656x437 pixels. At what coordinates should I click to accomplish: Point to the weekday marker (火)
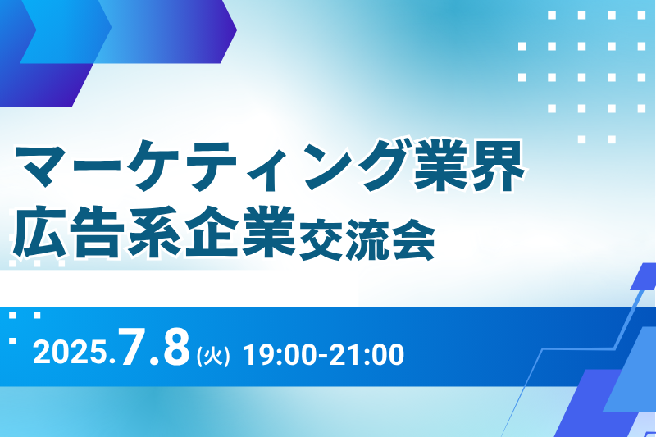click(x=213, y=357)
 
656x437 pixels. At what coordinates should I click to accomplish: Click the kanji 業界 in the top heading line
click(x=469, y=165)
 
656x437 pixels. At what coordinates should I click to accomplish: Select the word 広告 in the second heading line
click(x=69, y=231)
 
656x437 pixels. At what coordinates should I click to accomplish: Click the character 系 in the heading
click(x=154, y=231)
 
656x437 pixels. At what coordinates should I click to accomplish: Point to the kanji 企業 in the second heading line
click(x=240, y=231)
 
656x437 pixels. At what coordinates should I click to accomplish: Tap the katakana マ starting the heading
click(x=41, y=166)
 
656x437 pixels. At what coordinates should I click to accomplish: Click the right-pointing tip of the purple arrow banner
click(x=237, y=30)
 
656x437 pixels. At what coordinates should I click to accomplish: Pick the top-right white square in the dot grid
click(x=641, y=16)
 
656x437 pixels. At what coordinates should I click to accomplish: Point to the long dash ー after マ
click(x=97, y=163)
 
